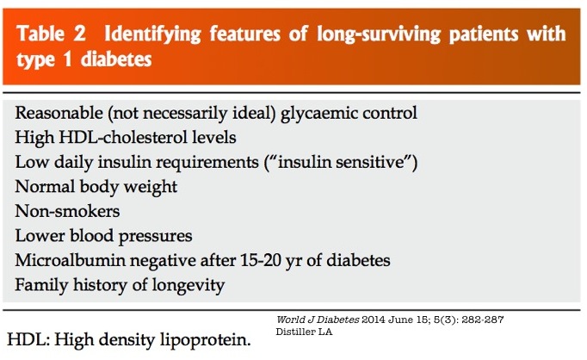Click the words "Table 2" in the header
[51, 34]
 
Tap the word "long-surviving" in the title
[379, 34]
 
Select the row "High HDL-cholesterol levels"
[126, 138]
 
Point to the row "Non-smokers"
[67, 211]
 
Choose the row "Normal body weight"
[96, 187]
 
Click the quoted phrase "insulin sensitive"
[341, 162]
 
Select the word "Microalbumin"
[70, 260]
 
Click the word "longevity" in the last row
[188, 285]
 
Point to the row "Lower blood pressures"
[103, 236]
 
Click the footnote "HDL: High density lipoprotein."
[129, 340]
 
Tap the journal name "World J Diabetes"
[318, 320]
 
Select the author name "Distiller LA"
[304, 332]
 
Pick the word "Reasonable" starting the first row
[59, 113]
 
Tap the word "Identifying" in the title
[152, 34]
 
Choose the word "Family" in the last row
[41, 285]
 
